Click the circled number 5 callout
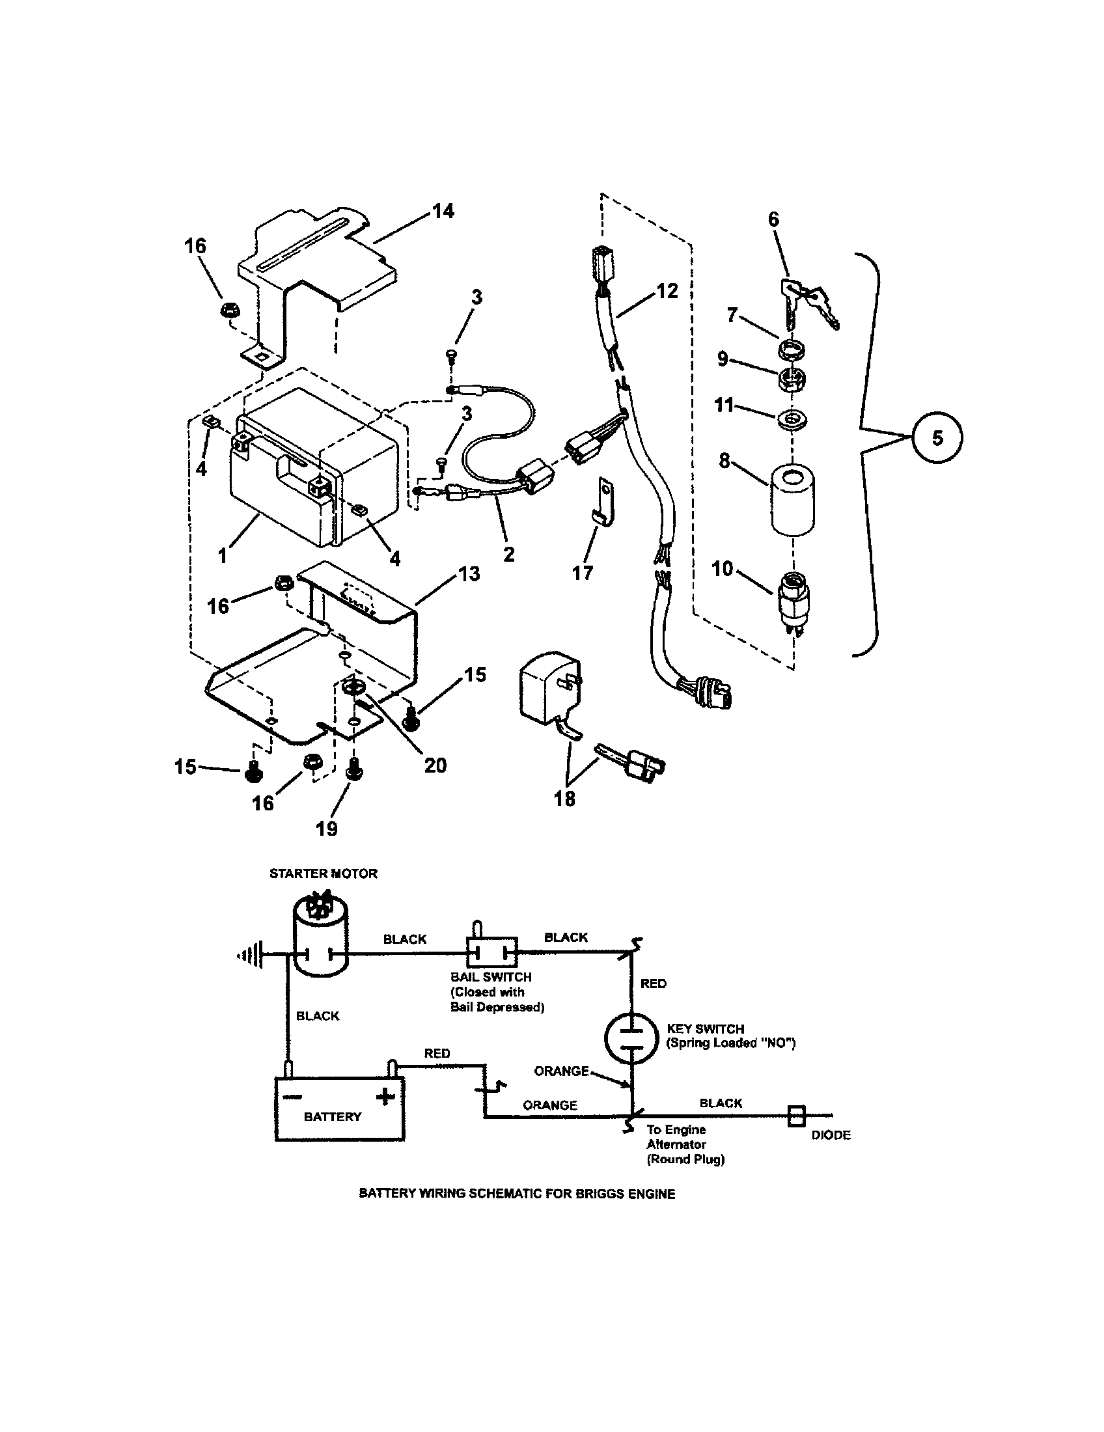click(x=937, y=437)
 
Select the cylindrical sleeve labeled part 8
click(x=793, y=499)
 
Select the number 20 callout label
click(x=435, y=765)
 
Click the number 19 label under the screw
click(x=327, y=828)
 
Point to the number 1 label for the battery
click(x=223, y=556)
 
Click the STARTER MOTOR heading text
click(x=324, y=874)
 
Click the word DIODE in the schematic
click(x=831, y=1135)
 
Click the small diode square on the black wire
click(x=796, y=1114)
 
